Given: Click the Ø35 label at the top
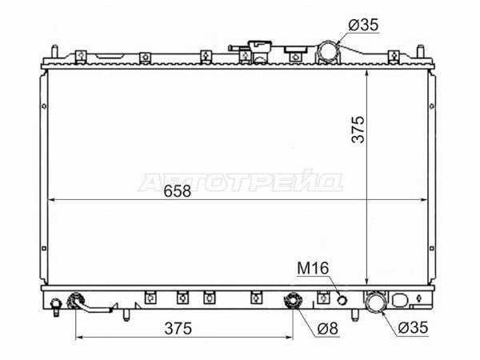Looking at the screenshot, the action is coord(363,25).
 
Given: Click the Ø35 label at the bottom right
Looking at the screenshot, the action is coord(413,327).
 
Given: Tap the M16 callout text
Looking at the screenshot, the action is coord(313,268).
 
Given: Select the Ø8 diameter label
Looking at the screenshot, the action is coord(327,329).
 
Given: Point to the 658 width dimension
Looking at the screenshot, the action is coord(178,191).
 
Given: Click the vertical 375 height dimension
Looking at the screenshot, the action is coord(358,129).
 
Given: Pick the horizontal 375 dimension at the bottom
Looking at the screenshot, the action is coord(178,329).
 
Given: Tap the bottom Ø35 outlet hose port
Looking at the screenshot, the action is coord(375,302).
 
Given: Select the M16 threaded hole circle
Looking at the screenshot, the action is coord(342,300).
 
